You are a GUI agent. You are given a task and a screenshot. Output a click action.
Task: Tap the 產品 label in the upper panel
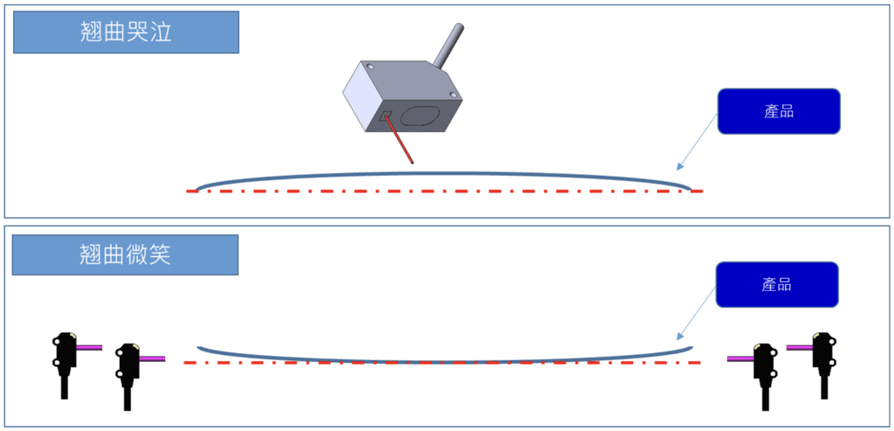(x=778, y=111)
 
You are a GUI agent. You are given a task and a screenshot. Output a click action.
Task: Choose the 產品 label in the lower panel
(x=776, y=284)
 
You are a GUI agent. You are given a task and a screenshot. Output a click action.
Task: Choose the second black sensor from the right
(x=766, y=359)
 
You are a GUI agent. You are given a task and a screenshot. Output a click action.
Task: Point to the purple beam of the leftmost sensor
(x=89, y=347)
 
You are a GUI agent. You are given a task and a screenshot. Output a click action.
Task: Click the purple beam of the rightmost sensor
(x=799, y=347)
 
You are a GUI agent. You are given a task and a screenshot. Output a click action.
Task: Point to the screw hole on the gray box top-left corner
(x=370, y=66)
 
